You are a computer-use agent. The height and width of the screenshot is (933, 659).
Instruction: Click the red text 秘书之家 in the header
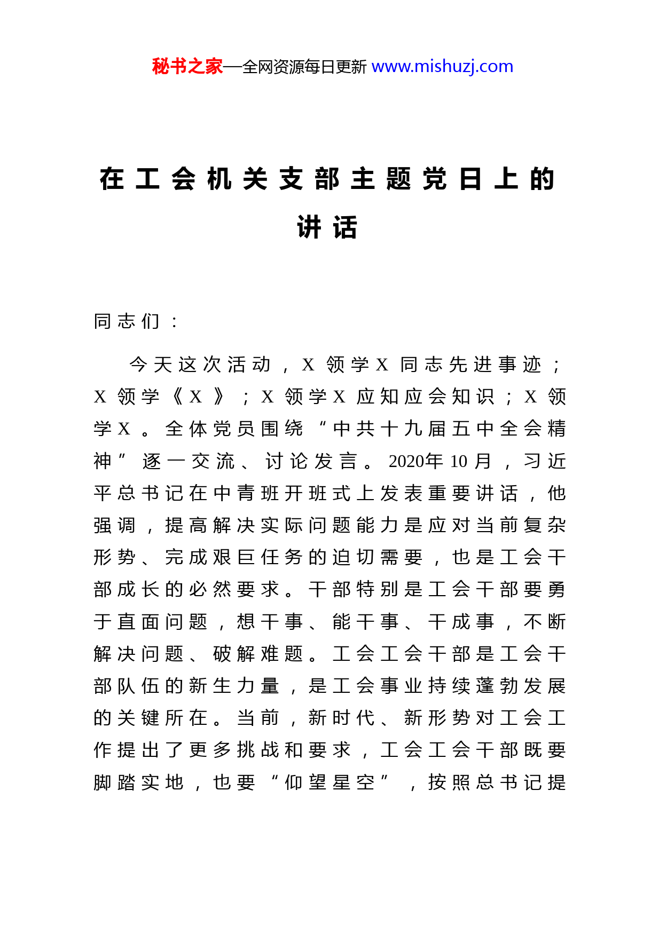(187, 67)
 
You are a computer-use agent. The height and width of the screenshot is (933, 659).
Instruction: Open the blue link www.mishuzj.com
(442, 67)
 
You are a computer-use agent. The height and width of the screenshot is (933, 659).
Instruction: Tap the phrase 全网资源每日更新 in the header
(304, 67)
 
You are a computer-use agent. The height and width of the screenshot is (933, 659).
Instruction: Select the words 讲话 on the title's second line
(327, 227)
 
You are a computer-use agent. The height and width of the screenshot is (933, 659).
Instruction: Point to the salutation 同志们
(127, 321)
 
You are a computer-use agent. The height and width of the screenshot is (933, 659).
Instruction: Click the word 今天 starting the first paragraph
(151, 365)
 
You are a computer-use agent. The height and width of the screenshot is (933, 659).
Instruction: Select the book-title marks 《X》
(196, 397)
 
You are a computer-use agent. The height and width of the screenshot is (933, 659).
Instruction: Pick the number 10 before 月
(458, 461)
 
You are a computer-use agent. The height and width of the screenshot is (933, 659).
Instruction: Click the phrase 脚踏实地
(139, 782)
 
